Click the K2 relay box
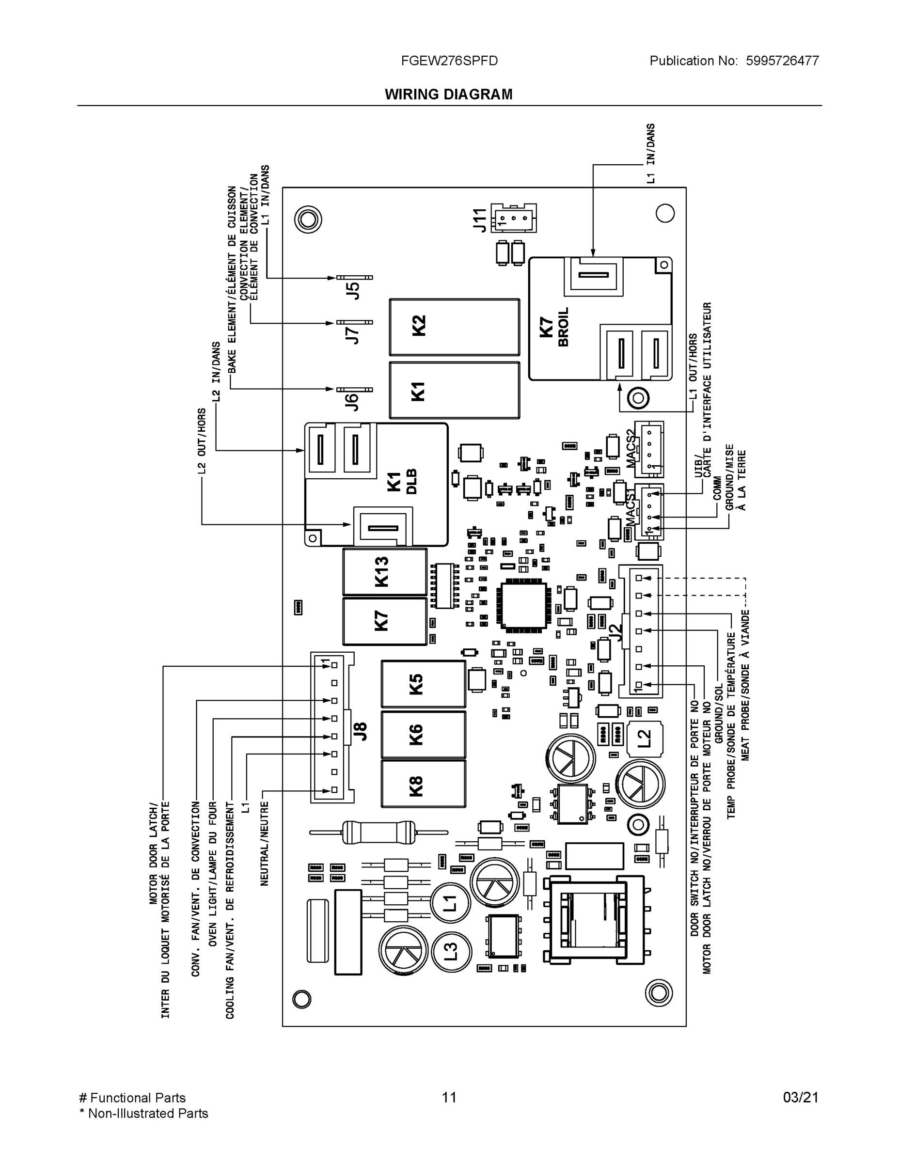click(454, 327)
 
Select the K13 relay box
click(384, 571)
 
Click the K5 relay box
click(424, 684)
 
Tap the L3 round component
click(451, 951)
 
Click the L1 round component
click(451, 903)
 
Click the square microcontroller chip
click(522, 604)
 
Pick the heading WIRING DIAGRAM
click(448, 94)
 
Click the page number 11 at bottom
click(449, 1097)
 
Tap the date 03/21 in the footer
click(800, 1097)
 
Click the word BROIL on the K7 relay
click(563, 327)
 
